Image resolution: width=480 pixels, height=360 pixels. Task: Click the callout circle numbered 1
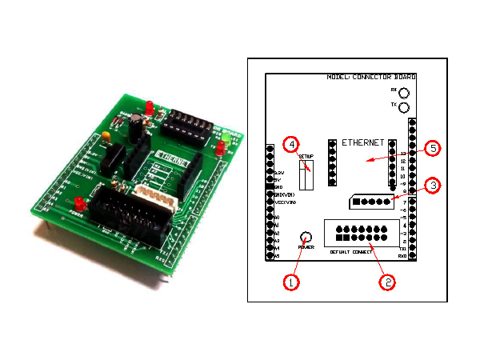point(291,282)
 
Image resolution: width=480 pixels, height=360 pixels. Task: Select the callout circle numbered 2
point(387,282)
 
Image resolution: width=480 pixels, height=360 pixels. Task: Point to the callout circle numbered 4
point(291,145)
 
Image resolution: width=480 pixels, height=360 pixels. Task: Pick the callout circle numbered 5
point(432,149)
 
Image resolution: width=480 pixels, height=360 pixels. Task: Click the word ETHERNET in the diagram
point(364,142)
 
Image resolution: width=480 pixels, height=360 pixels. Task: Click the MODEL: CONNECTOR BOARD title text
point(371,77)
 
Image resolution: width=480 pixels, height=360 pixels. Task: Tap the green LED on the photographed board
point(226,139)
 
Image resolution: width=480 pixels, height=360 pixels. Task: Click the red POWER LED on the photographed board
point(80,202)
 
